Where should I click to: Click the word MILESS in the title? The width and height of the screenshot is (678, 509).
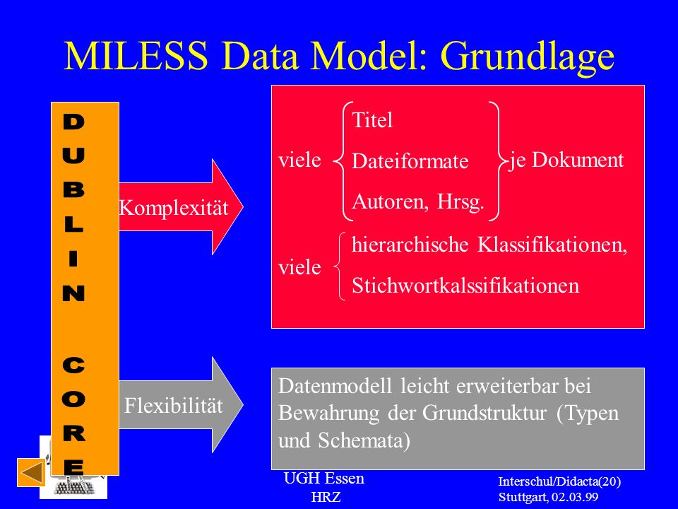click(x=136, y=56)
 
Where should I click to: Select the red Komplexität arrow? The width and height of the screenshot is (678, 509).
click(x=181, y=207)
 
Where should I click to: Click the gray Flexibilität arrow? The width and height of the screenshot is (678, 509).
click(x=181, y=405)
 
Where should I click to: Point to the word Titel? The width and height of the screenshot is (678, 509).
click(x=372, y=120)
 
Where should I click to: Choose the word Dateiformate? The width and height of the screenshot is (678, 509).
click(x=410, y=161)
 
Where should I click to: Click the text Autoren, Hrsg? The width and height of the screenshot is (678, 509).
click(x=418, y=202)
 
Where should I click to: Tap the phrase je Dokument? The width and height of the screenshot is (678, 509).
click(x=566, y=160)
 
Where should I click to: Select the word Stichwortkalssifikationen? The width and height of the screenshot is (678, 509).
click(x=465, y=286)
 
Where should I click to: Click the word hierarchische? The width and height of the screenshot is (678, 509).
click(x=410, y=245)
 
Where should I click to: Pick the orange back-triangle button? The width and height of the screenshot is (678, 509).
click(x=31, y=472)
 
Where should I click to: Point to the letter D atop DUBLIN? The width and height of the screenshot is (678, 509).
click(x=73, y=122)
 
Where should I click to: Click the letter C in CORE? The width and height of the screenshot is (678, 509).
click(x=73, y=365)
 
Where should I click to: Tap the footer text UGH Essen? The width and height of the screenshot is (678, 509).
click(x=324, y=479)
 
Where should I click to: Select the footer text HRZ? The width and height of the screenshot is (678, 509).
click(x=326, y=497)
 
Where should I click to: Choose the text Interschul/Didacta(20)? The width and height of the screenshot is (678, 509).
click(x=559, y=481)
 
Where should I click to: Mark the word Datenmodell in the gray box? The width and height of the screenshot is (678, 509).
click(x=335, y=386)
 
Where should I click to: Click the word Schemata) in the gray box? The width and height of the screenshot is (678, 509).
click(x=364, y=441)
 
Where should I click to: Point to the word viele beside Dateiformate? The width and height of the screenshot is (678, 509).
click(x=299, y=160)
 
